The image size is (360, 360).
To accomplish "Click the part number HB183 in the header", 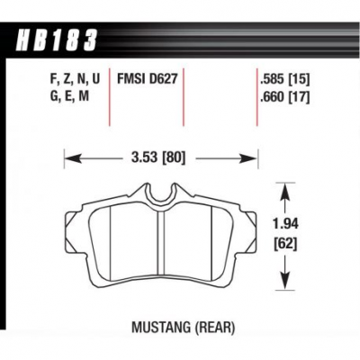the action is click(58, 40).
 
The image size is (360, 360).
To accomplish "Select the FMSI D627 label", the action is click(145, 79).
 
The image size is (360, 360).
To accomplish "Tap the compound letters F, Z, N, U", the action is click(75, 80).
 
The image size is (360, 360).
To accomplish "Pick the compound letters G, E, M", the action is click(69, 96).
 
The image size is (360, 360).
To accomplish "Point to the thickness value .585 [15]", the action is click(285, 79).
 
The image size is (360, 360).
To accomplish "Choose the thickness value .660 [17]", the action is click(285, 97).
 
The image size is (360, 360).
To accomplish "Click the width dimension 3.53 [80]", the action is click(158, 157).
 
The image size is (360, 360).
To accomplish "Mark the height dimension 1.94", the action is click(285, 224).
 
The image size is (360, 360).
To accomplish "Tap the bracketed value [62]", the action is click(285, 245).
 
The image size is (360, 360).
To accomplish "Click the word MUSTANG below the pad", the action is click(161, 327).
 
